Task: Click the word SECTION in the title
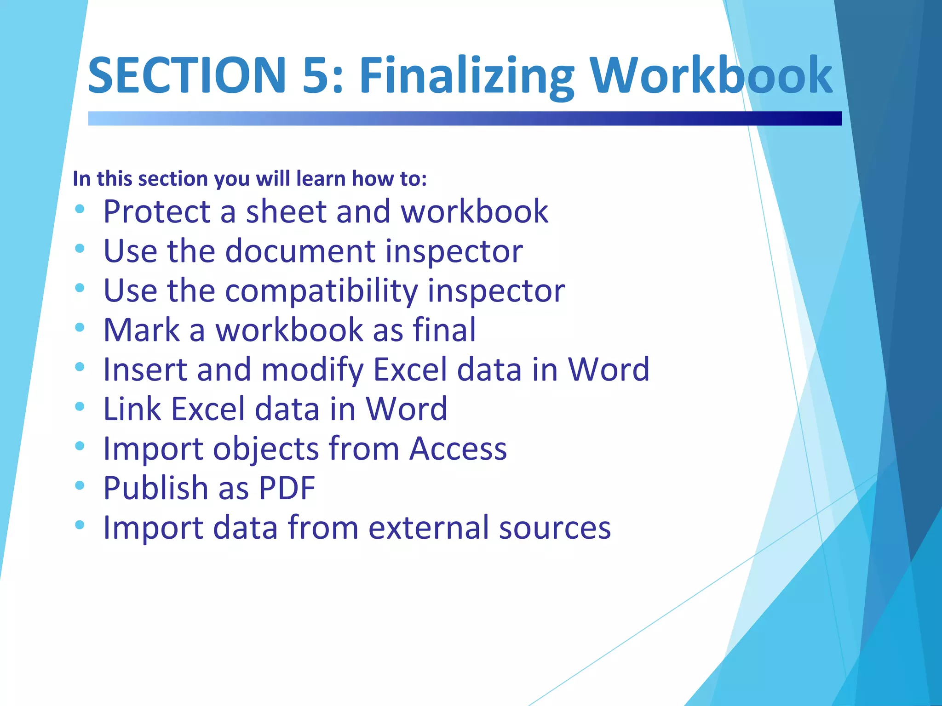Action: tap(187, 75)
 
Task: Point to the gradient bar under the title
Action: tap(465, 119)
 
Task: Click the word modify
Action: tap(312, 370)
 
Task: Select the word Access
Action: tap(458, 449)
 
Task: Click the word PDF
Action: tap(287, 488)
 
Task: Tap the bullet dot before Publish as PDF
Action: tap(80, 485)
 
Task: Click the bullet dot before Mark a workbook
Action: tap(80, 327)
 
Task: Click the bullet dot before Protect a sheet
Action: tap(80, 209)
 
